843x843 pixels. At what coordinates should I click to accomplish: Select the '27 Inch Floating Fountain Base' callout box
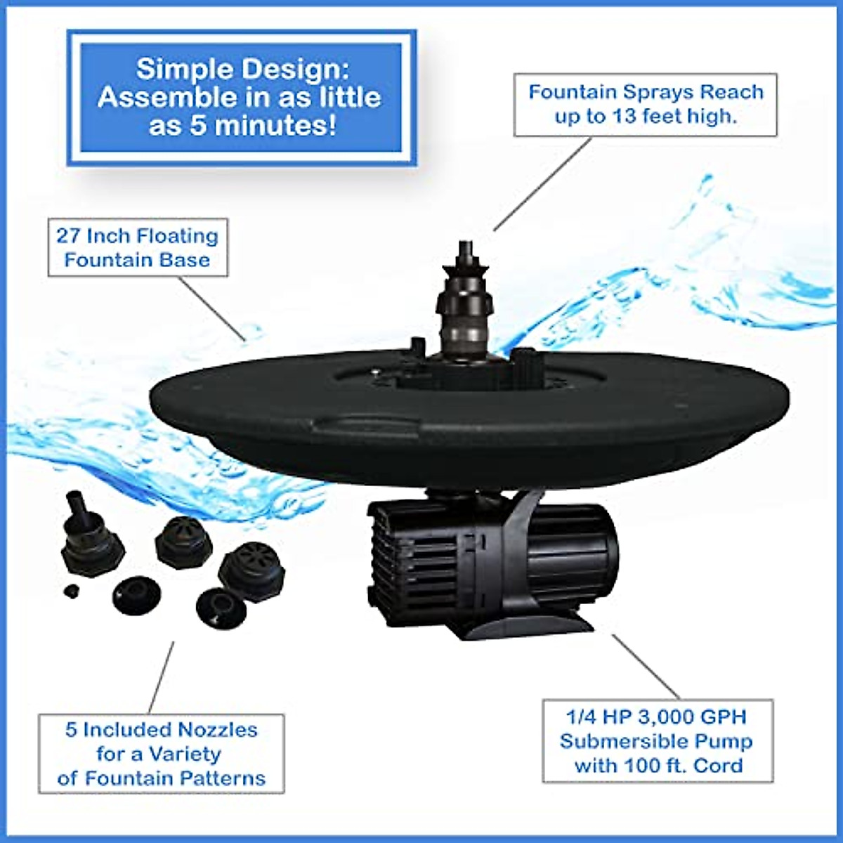pyautogui.click(x=138, y=248)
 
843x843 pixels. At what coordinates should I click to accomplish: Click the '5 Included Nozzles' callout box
pyautogui.click(x=162, y=754)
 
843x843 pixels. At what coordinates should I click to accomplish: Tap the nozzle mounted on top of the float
pyautogui.click(x=464, y=302)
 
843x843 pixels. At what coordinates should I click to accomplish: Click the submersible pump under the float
pyautogui.click(x=492, y=562)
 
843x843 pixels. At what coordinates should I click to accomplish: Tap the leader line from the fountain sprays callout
pyautogui.click(x=542, y=184)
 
